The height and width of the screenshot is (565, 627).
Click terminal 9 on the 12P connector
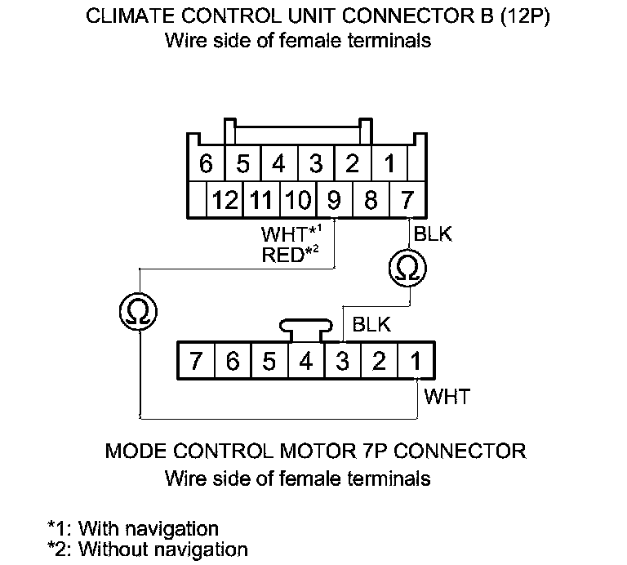click(334, 200)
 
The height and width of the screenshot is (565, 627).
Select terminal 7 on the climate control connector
click(407, 200)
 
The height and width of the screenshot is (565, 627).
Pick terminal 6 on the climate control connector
click(206, 164)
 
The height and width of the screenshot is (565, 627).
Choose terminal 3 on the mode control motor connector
click(343, 361)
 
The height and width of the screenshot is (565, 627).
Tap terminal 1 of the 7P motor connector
click(416, 361)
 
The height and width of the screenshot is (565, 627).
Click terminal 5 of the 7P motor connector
click(269, 361)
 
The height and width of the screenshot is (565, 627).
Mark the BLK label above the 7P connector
click(371, 324)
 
